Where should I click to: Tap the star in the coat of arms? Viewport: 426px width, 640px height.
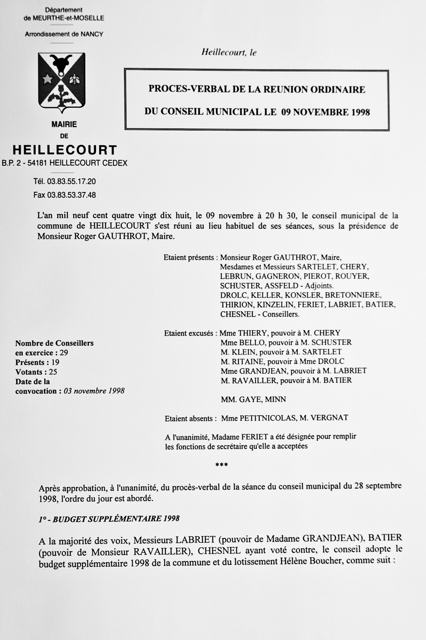[48, 80]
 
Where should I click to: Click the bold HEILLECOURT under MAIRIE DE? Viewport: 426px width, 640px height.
[65, 150]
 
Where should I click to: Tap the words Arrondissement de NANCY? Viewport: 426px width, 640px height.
[64, 34]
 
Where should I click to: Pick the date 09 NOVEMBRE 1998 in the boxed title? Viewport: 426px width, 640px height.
[325, 112]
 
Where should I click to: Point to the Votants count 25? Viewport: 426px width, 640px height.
[53, 372]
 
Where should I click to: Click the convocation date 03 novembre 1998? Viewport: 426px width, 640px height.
[94, 391]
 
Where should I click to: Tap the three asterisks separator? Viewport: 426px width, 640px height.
[221, 464]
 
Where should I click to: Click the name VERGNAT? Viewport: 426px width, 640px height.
[329, 418]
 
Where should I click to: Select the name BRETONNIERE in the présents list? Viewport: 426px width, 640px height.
[353, 295]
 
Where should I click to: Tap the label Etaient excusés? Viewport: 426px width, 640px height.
[189, 333]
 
